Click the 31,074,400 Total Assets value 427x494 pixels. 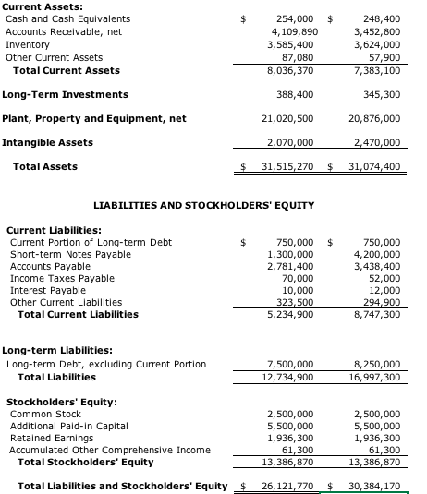tap(376, 166)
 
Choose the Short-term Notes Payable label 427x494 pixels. tap(70, 254)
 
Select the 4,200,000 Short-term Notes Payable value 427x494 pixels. tap(377, 254)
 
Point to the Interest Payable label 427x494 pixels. tap(47, 290)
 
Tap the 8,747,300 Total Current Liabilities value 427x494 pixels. tap(377, 314)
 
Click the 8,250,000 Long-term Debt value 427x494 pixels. tap(377, 364)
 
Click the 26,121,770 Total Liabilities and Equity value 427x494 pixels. tap(287, 486)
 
